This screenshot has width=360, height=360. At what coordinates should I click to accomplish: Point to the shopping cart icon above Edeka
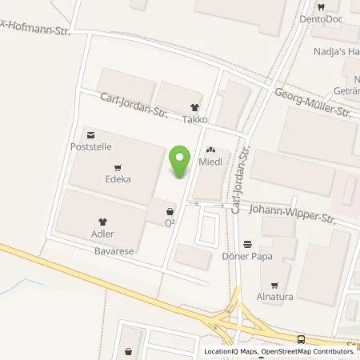pyautogui.click(x=118, y=167)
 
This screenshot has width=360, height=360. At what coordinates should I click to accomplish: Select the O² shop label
pyautogui.click(x=170, y=222)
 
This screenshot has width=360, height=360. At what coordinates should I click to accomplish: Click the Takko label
pyautogui.click(x=194, y=119)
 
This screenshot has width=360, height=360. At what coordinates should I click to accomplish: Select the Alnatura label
pyautogui.click(x=277, y=298)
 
